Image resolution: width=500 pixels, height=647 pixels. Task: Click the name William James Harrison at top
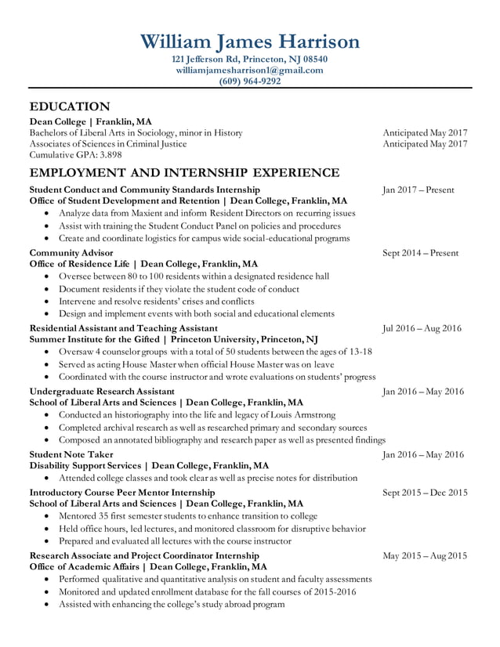tap(249, 41)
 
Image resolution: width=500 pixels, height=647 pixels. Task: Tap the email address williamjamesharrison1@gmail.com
tap(249, 70)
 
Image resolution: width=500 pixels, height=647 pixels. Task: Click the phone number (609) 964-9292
tap(249, 81)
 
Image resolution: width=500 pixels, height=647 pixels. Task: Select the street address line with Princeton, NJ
tap(249, 59)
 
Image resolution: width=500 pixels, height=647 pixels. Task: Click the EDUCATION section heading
tap(70, 106)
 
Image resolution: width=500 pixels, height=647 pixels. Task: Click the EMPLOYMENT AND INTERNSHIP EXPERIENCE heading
tap(184, 172)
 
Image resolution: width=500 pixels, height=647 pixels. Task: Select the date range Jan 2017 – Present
tap(418, 190)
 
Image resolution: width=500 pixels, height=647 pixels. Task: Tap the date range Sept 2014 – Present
tap(420, 253)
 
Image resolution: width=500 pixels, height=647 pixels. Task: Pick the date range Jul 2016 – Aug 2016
tap(422, 328)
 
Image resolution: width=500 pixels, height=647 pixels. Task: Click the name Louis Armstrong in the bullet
tap(301, 414)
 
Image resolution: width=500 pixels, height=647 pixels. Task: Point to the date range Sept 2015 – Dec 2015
tap(424, 493)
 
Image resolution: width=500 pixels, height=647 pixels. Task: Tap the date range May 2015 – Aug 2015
tap(424, 555)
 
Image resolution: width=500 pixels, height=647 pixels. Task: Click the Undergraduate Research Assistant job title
tap(102, 391)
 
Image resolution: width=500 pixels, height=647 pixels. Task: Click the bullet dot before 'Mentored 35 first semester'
tap(49, 516)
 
